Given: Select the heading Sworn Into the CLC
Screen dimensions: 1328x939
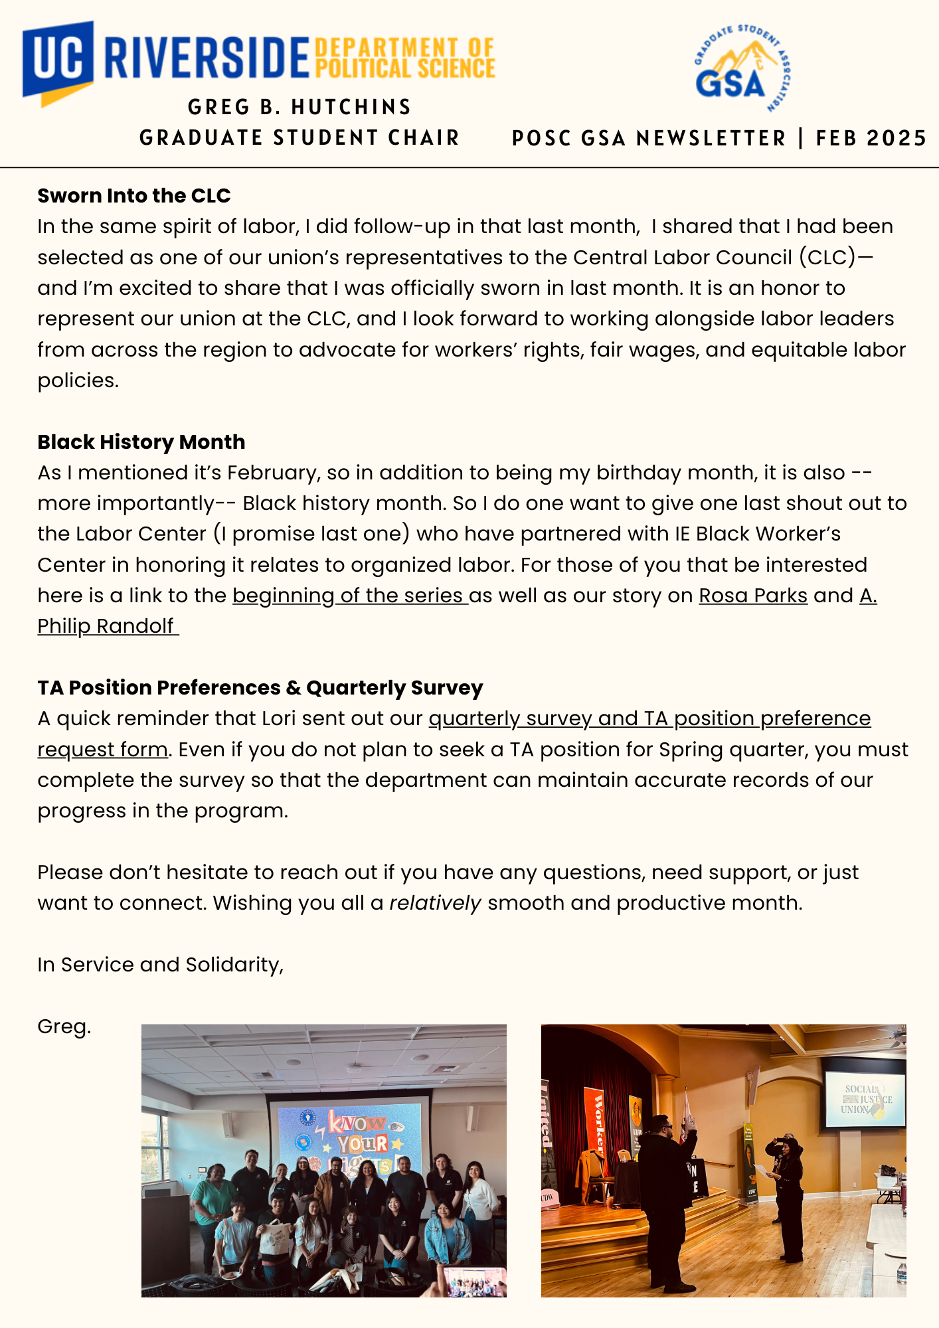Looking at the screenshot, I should click(x=134, y=196).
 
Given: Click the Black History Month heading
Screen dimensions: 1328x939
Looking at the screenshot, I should click(x=141, y=442).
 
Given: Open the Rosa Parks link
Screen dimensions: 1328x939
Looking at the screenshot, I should click(x=753, y=596).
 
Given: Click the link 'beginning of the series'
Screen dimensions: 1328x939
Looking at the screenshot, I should click(x=350, y=596).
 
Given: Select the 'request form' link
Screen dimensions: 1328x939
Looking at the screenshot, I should click(x=102, y=750).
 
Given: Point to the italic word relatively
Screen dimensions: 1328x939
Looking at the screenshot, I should click(x=435, y=903).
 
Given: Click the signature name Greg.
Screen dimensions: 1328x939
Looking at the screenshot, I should click(x=64, y=1027).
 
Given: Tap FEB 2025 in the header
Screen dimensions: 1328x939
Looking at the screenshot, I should click(x=871, y=138).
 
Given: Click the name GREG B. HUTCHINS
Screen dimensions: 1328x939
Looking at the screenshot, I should click(x=299, y=107).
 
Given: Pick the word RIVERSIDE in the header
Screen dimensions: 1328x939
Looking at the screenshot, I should click(x=207, y=58).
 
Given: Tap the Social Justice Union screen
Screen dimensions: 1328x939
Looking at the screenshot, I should click(x=865, y=1099).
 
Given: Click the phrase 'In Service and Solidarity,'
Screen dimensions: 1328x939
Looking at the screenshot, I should click(x=161, y=965).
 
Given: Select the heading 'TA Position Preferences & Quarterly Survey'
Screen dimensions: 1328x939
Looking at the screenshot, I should click(x=260, y=688).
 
